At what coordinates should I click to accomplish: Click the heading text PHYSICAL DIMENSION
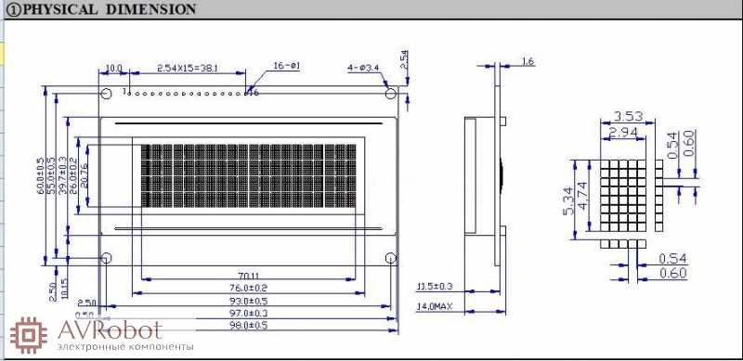click(108, 9)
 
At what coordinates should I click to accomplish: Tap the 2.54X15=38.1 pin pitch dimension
click(189, 69)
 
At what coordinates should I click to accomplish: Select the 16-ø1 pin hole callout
click(286, 66)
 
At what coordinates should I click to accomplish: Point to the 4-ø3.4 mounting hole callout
click(363, 68)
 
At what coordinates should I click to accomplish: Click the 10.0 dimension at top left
click(114, 69)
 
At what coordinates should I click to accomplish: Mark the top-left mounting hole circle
click(106, 93)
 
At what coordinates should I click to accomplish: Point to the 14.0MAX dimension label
click(436, 305)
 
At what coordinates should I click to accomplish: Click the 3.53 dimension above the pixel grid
click(629, 117)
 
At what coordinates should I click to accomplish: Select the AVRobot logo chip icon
click(28, 334)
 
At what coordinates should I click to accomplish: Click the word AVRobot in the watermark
click(109, 329)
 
